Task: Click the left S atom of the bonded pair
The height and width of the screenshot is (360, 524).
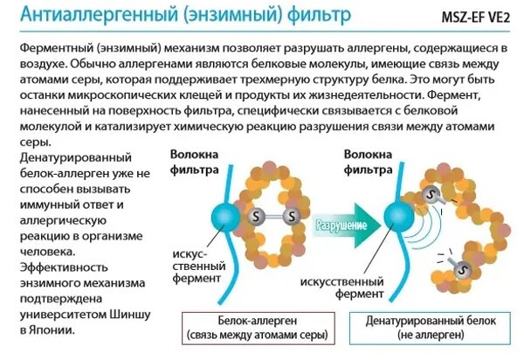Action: point(256,213)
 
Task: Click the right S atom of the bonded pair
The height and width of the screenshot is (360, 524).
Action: point(292,213)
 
